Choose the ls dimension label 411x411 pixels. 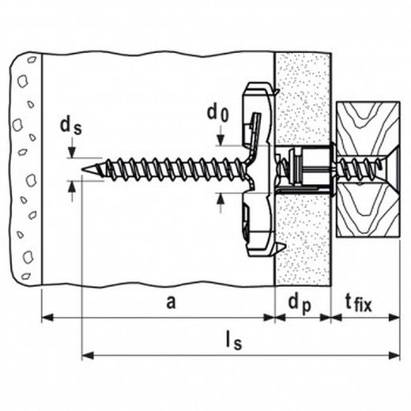(232, 341)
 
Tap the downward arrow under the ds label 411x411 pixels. (73, 152)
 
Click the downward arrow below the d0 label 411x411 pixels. (220, 138)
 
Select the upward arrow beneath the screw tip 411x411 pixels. (73, 187)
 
